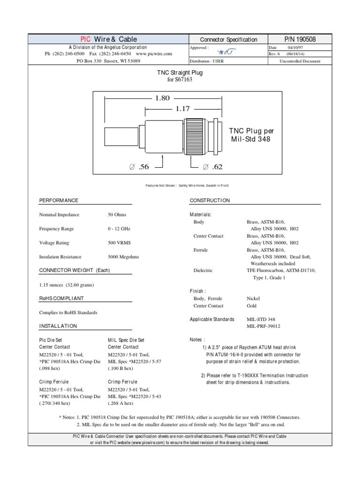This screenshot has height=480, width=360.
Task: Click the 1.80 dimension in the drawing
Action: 160,98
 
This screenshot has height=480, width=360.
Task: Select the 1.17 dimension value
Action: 182,109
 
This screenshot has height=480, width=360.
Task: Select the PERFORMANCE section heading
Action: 59,201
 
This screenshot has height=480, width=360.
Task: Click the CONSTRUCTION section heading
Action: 210,201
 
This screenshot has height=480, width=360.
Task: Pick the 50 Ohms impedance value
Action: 117,215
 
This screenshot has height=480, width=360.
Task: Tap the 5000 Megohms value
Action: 123,257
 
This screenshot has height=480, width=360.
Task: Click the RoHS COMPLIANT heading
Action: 61,298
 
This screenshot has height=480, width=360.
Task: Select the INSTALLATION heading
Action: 58,326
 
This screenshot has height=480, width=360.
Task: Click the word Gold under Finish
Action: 252,306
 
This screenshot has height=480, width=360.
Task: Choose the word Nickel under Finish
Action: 253,298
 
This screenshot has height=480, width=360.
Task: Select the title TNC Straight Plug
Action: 180,73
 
